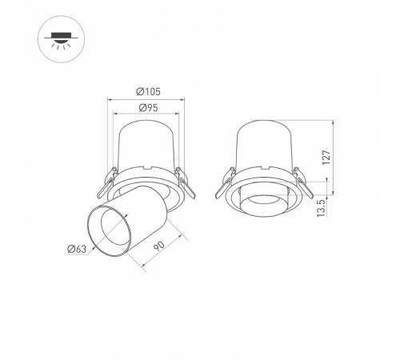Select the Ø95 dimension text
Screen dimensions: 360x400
(x=144, y=107)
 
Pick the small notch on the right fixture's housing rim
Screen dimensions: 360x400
(x=264, y=169)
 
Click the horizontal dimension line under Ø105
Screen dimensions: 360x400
(x=144, y=99)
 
